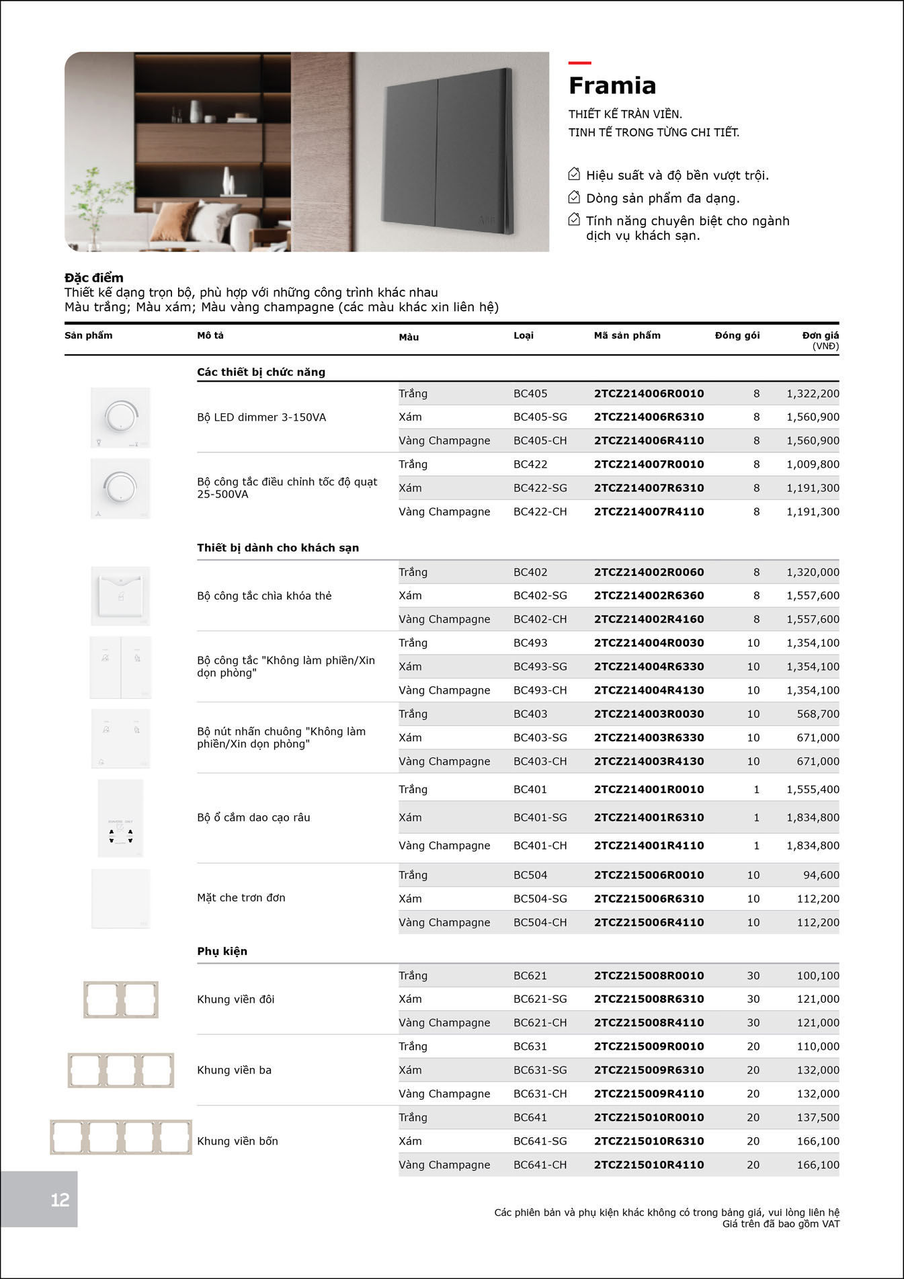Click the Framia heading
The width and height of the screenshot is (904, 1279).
(612, 86)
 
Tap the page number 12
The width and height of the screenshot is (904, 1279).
(60, 1200)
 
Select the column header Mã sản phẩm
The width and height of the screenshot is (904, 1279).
(626, 335)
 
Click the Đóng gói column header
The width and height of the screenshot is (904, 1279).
(737, 335)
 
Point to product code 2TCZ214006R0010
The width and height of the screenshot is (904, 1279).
(649, 394)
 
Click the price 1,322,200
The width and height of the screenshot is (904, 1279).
(813, 394)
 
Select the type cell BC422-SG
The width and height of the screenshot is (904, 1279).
(540, 488)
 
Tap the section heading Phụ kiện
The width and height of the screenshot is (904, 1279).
(222, 951)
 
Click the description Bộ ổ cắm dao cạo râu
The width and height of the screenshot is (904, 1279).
(253, 817)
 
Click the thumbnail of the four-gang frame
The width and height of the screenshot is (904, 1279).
(121, 1137)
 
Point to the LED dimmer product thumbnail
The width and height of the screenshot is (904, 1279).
(121, 417)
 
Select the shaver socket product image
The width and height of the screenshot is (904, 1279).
(121, 818)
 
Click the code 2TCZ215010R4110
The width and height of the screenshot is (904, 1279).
(649, 1165)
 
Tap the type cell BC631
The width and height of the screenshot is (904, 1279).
(530, 1046)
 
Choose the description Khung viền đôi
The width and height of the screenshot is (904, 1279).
(235, 999)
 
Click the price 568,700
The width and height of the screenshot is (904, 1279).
(818, 714)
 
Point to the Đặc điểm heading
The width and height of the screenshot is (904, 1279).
(94, 278)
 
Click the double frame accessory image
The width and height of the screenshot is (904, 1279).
(121, 999)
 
